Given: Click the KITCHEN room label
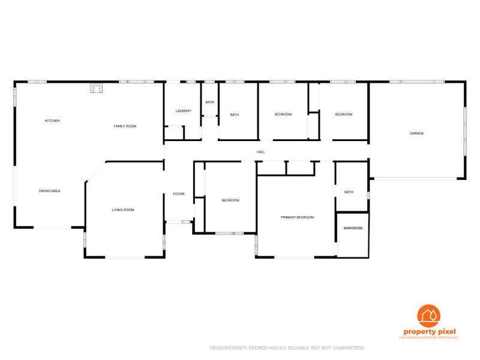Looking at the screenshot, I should (x=52, y=121).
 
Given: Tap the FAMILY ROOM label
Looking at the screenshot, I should (x=125, y=126).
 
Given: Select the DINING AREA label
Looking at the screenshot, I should (x=49, y=191).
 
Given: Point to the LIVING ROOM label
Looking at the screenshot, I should (x=122, y=210).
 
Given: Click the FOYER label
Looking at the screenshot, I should (x=179, y=194).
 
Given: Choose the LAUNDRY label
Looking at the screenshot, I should (x=183, y=111).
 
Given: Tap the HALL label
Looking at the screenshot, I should (x=260, y=152).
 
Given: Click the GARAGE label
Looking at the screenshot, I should (x=416, y=133).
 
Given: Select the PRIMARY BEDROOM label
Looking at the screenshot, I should (x=297, y=217).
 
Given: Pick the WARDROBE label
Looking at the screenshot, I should (x=352, y=228).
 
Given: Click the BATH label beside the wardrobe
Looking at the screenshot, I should (x=349, y=192).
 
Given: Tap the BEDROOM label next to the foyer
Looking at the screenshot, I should (x=230, y=200).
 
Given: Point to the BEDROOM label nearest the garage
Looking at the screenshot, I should (x=343, y=115).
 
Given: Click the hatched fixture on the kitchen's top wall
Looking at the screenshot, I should (x=96, y=88).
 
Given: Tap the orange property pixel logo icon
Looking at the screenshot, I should (x=428, y=316).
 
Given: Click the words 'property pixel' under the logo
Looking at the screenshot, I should (x=429, y=332).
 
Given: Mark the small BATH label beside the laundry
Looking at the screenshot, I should (x=209, y=102).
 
